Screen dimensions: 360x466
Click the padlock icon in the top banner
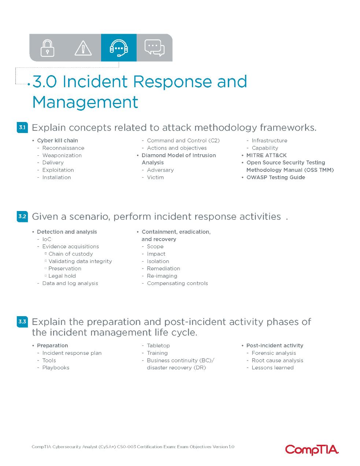(x=47, y=48)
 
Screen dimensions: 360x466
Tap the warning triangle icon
(x=83, y=48)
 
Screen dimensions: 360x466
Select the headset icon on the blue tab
(x=119, y=48)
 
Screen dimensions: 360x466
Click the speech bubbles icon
(x=155, y=48)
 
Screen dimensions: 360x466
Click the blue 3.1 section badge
(x=22, y=127)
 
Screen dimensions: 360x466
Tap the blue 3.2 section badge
(x=22, y=217)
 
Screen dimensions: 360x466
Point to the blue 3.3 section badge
(x=22, y=322)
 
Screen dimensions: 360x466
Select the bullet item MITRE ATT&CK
(x=266, y=155)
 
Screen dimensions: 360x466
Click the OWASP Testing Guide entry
(x=276, y=177)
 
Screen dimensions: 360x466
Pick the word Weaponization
(x=62, y=155)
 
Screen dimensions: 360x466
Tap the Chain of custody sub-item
(x=71, y=254)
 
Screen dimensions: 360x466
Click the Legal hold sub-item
(x=62, y=276)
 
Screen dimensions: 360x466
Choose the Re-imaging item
(x=162, y=276)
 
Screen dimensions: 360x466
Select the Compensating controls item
(x=177, y=284)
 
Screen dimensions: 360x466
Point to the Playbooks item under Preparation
(x=56, y=368)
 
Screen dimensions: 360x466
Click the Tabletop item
(x=158, y=346)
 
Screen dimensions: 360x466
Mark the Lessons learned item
(x=272, y=368)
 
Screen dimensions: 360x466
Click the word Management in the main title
(x=85, y=103)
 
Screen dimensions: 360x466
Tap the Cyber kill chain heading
(x=57, y=140)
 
